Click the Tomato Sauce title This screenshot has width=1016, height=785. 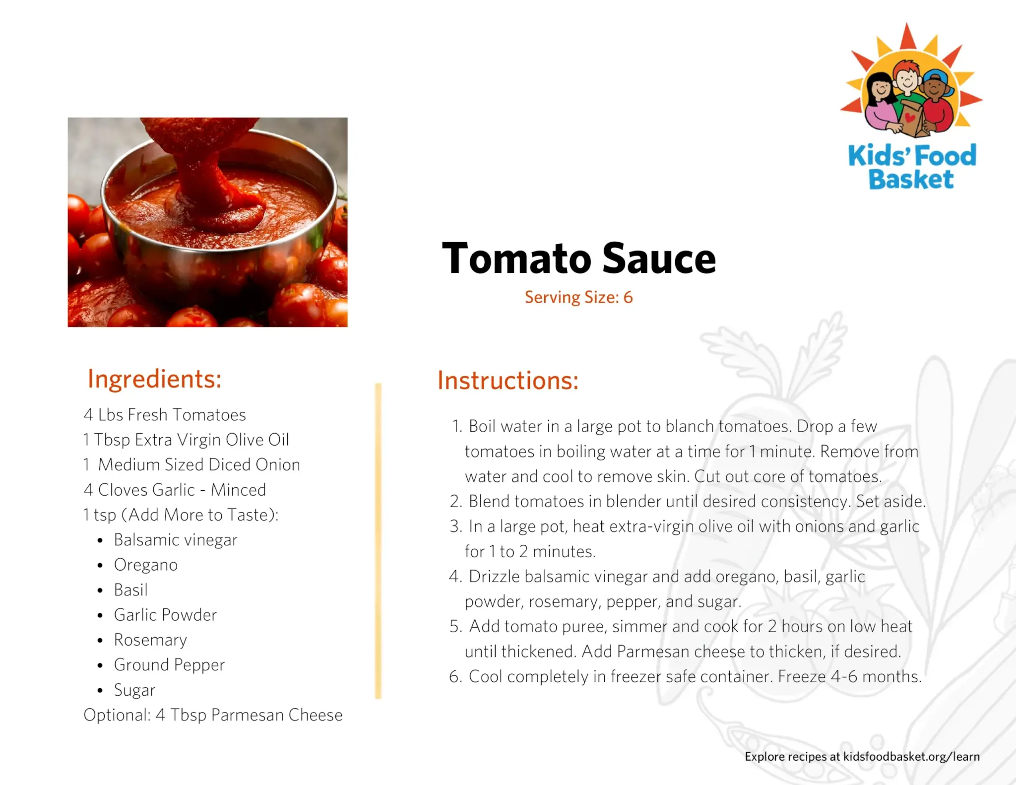pyautogui.click(x=578, y=259)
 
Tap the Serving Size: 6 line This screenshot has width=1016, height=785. pyautogui.click(x=578, y=297)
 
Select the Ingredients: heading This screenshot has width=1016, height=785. pyautogui.click(x=154, y=380)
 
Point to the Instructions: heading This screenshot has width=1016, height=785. pyautogui.click(x=508, y=381)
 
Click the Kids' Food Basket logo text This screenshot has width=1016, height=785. pyautogui.click(x=912, y=167)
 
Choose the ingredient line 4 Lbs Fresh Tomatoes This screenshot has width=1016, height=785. pyautogui.click(x=165, y=414)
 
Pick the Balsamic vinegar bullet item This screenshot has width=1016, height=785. pyautogui.click(x=176, y=540)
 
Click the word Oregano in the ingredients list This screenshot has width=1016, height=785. pyautogui.click(x=146, y=565)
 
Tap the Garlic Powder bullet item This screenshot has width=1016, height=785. pyautogui.click(x=165, y=615)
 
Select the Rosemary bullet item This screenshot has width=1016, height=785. pyautogui.click(x=150, y=640)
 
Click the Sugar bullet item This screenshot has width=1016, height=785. pyautogui.click(x=134, y=690)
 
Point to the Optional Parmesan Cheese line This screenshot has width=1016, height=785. pyautogui.click(x=213, y=715)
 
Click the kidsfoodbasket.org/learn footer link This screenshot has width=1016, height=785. pyautogui.click(x=911, y=757)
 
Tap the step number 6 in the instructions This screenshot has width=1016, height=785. pyautogui.click(x=455, y=677)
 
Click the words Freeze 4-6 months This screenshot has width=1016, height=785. pyautogui.click(x=849, y=677)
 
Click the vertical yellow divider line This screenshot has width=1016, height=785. pyautogui.click(x=378, y=541)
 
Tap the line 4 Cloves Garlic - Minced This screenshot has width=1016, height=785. pyautogui.click(x=175, y=490)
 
